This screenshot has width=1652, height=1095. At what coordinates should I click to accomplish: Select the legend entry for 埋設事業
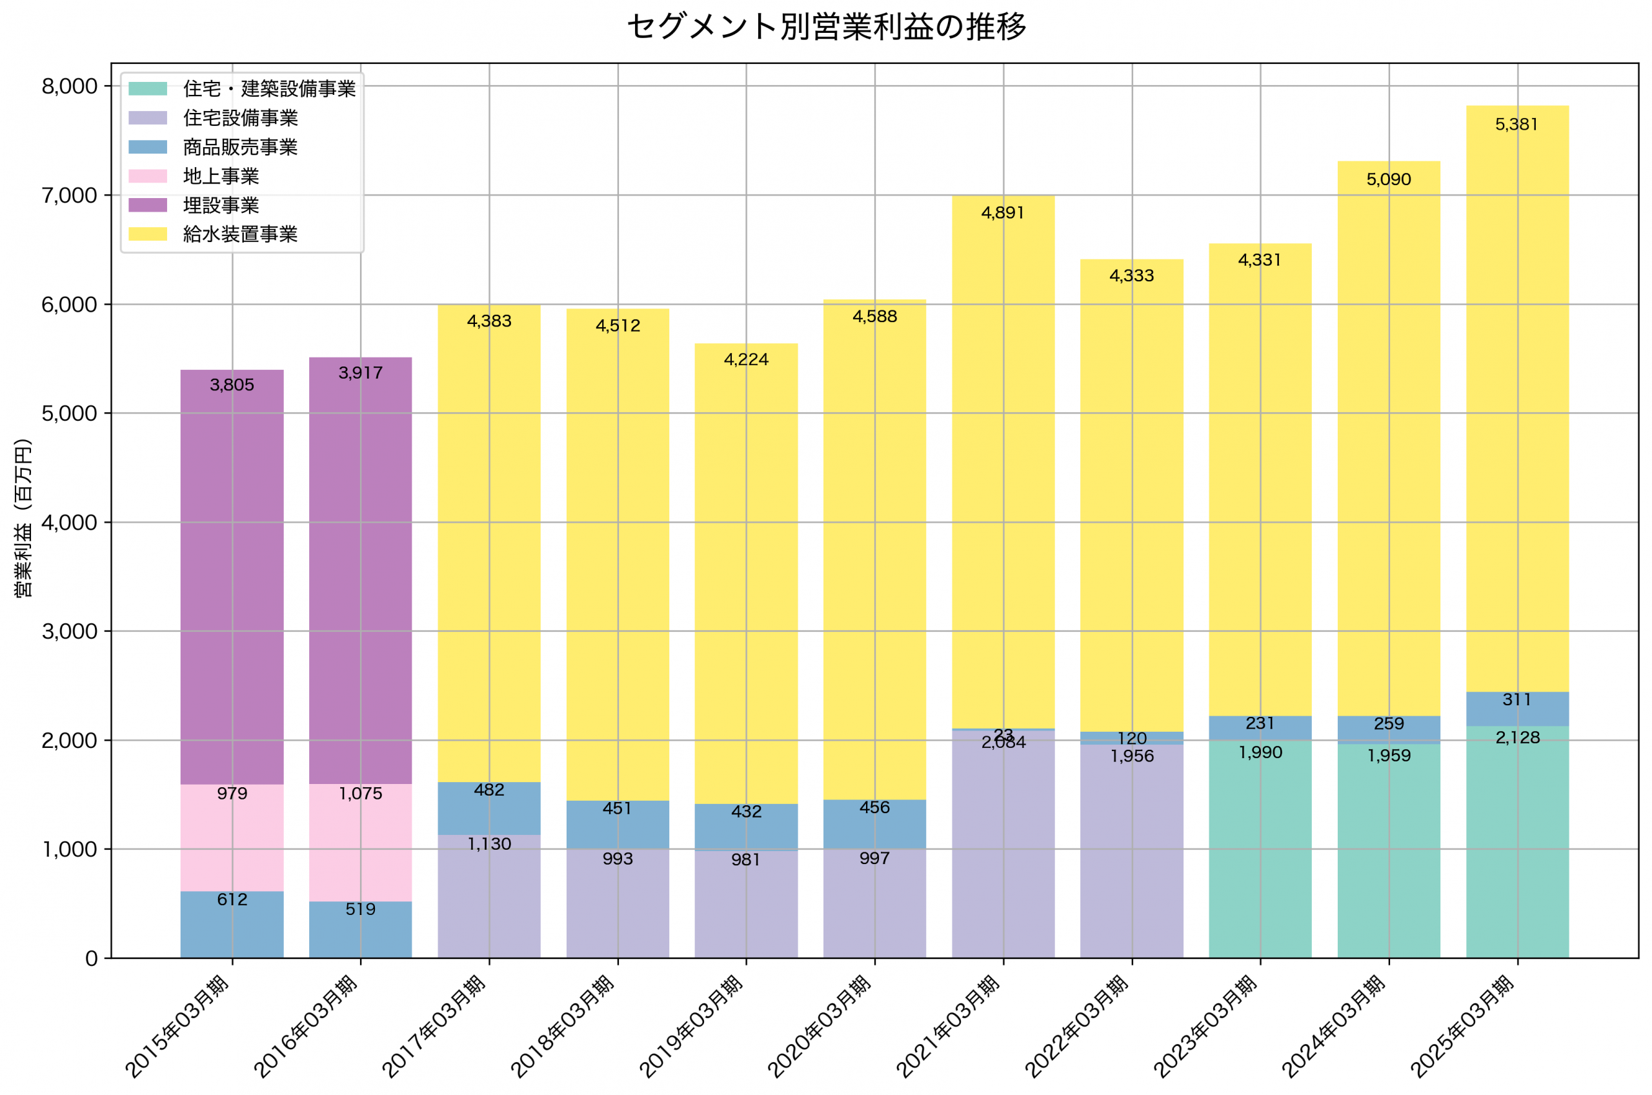(x=221, y=205)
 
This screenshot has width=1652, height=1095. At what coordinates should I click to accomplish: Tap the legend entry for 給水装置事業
(x=239, y=234)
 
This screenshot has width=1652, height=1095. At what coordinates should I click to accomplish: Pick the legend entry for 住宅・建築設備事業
(x=269, y=88)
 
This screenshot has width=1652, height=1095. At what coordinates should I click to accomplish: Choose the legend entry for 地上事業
(x=221, y=176)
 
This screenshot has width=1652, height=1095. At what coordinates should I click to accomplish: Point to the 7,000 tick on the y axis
(x=69, y=196)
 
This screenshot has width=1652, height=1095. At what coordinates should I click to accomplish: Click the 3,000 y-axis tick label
(x=69, y=631)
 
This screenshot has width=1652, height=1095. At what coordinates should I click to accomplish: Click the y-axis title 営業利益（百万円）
(x=23, y=518)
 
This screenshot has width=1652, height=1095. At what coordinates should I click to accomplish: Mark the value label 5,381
(x=1516, y=125)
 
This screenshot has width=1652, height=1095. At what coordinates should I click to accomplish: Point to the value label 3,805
(x=232, y=385)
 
